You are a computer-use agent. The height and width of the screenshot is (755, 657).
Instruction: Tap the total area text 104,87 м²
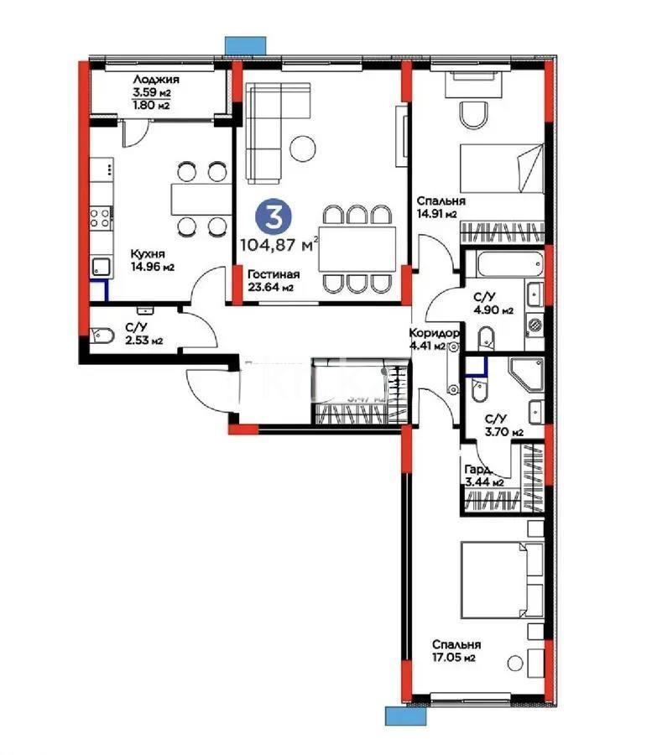click(x=279, y=245)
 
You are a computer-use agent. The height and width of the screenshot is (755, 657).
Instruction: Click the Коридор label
click(x=434, y=331)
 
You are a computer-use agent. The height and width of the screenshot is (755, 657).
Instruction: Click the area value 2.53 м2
click(x=143, y=340)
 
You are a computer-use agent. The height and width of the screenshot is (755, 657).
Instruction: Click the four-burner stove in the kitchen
click(x=102, y=218)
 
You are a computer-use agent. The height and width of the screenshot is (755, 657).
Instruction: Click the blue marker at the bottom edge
click(x=402, y=716)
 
